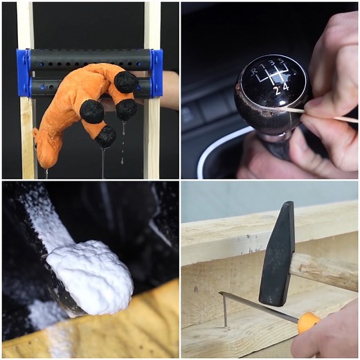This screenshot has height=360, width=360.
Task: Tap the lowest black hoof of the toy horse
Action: click(x=105, y=136)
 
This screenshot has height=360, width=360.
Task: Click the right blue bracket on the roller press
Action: click(x=156, y=73)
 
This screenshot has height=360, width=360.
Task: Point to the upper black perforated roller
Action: click(x=90, y=60)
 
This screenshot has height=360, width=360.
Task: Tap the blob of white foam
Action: click(x=90, y=277)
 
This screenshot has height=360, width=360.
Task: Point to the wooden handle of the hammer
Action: click(x=325, y=271)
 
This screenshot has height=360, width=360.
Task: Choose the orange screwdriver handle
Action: click(x=309, y=321)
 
